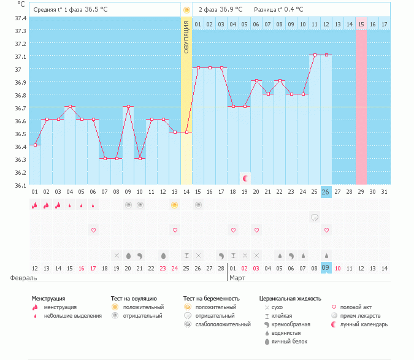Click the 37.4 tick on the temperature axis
[20, 18]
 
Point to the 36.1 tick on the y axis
[20, 185]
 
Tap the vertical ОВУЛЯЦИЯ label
[186, 37]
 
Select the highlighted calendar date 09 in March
[326, 268]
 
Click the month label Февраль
[19, 278]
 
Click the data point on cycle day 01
[35, 145]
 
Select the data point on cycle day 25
[314, 55]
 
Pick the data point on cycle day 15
[198, 68]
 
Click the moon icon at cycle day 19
[245, 178]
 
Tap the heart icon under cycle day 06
[93, 231]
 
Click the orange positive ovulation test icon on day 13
[175, 205]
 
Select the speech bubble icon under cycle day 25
[314, 217]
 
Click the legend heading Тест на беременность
[211, 299]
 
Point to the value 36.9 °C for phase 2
[231, 10]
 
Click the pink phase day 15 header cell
[361, 24]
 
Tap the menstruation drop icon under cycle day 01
[35, 205]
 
